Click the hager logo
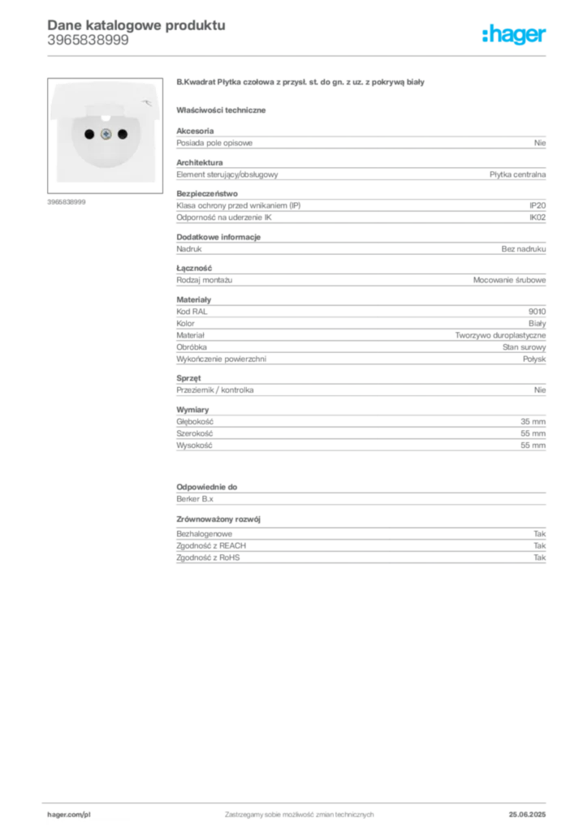coord(514,35)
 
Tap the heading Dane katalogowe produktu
coord(136,25)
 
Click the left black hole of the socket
coord(89,135)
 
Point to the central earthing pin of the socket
coord(106,135)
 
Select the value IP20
coord(538,205)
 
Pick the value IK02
coord(538,217)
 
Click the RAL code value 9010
coord(537,312)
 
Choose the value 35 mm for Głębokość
coord(533,422)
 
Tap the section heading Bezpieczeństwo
coord(207,194)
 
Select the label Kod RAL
coord(192,312)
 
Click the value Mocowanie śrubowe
coord(509,280)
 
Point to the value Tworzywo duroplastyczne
coord(500,335)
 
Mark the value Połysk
coord(534,360)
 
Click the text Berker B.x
coord(195,499)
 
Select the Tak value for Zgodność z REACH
coord(540,546)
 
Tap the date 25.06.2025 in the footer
coord(527,815)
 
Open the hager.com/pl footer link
coord(69,815)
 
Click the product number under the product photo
coord(67,202)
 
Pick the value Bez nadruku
coord(524,249)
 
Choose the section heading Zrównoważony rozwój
coord(218,519)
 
